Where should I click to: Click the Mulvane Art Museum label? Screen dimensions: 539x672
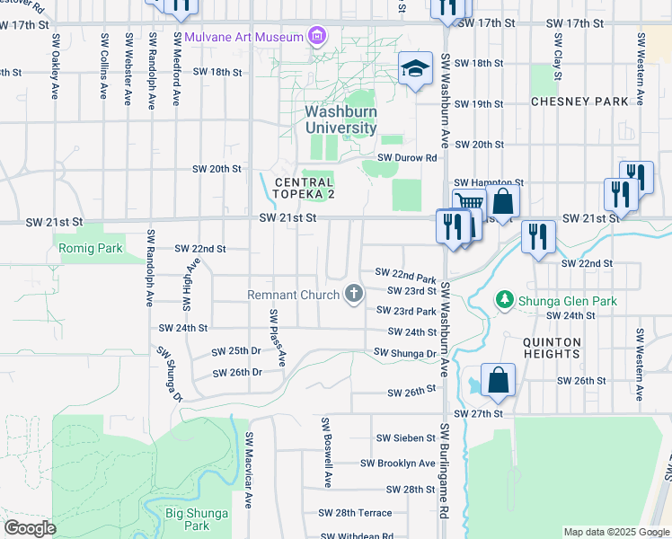pos(243,37)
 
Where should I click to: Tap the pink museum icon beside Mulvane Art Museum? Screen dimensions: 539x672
pos(315,37)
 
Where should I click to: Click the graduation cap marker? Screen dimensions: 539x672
pos(415,70)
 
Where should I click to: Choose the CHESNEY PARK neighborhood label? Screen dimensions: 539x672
pos(579,102)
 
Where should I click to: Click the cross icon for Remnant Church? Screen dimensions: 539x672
pos(354,294)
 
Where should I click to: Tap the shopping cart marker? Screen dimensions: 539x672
pos(468,204)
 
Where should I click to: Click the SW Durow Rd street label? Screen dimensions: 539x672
pos(407,157)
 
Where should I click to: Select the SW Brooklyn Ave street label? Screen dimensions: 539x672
pos(398,464)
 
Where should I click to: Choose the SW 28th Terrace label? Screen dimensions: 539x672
pos(355,513)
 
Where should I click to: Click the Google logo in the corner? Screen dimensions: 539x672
pos(31,527)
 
